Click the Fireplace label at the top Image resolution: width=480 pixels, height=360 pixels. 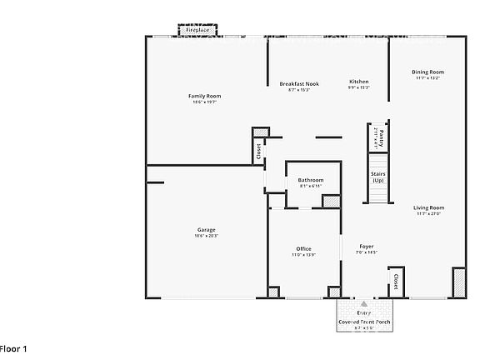[197, 30]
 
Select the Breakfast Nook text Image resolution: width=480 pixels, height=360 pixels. [303, 83]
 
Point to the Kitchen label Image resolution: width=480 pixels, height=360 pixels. [359, 82]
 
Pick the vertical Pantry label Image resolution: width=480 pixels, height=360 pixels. [378, 135]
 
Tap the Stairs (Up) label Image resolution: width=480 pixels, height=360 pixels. [378, 177]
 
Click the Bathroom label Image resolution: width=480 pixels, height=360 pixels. [311, 180]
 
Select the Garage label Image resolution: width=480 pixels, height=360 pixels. [206, 230]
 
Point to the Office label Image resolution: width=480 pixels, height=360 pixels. [303, 249]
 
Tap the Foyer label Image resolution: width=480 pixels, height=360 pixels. [367, 247]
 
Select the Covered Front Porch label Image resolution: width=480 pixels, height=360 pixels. [363, 322]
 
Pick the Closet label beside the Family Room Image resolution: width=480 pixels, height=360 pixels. [259, 152]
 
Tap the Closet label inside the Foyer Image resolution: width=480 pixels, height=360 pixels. [396, 281]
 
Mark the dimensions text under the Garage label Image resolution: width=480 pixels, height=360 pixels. [206, 237]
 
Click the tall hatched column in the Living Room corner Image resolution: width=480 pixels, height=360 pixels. [457, 282]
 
